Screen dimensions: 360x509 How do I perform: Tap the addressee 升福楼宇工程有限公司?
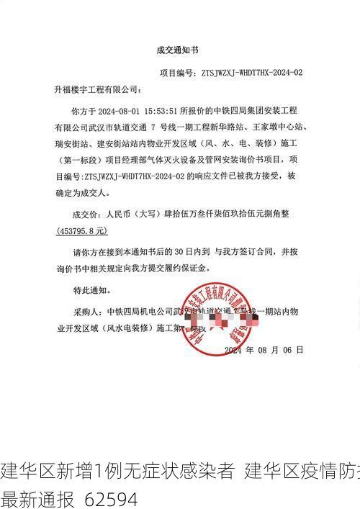[98, 91]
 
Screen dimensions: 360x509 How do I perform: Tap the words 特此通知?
[91, 291]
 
